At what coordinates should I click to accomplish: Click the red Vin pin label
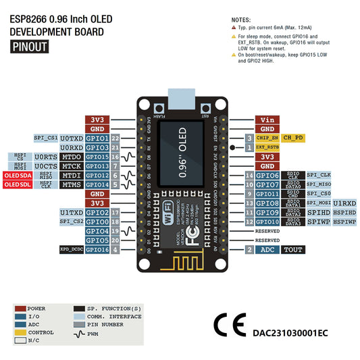(267, 120)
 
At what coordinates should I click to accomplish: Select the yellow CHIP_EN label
(267, 138)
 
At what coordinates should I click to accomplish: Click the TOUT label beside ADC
(293, 250)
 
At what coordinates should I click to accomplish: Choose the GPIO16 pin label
(97, 250)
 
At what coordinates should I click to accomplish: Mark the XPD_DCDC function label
(72, 250)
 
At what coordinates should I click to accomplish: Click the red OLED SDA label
(17, 175)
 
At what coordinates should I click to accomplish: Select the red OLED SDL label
(17, 184)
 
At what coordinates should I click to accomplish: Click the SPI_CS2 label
(71, 222)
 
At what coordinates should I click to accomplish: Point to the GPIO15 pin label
(97, 157)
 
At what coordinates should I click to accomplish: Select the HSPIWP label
(344, 222)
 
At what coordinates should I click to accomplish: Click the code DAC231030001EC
(290, 332)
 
